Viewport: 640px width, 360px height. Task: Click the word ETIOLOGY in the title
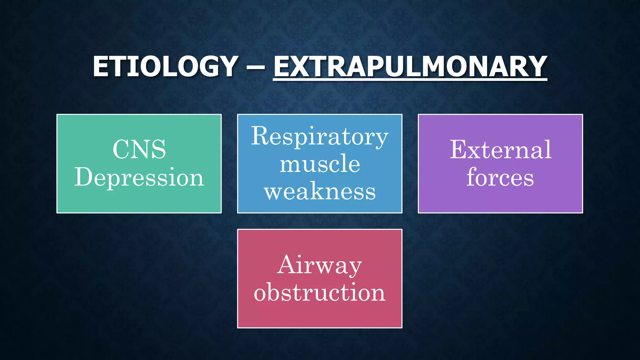pyautogui.click(x=166, y=66)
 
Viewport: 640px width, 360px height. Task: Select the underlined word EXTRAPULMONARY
pyautogui.click(x=410, y=66)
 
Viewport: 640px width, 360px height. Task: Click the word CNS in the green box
pyautogui.click(x=139, y=149)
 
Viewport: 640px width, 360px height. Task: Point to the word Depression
pyautogui.click(x=139, y=177)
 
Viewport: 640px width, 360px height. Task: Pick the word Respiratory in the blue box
pyautogui.click(x=320, y=136)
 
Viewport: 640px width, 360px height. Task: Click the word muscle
pyautogui.click(x=320, y=164)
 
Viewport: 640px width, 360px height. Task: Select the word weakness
pyautogui.click(x=320, y=191)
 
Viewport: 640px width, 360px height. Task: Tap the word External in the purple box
pyautogui.click(x=501, y=150)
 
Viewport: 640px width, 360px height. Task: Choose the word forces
pyautogui.click(x=500, y=177)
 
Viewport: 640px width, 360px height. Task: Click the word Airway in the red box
pyautogui.click(x=319, y=265)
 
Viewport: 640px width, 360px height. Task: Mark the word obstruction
pyautogui.click(x=319, y=292)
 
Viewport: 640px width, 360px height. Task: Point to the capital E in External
pyautogui.click(x=459, y=150)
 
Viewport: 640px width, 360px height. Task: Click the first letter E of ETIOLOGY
pyautogui.click(x=100, y=66)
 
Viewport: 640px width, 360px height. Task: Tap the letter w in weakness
pyautogui.click(x=274, y=192)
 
